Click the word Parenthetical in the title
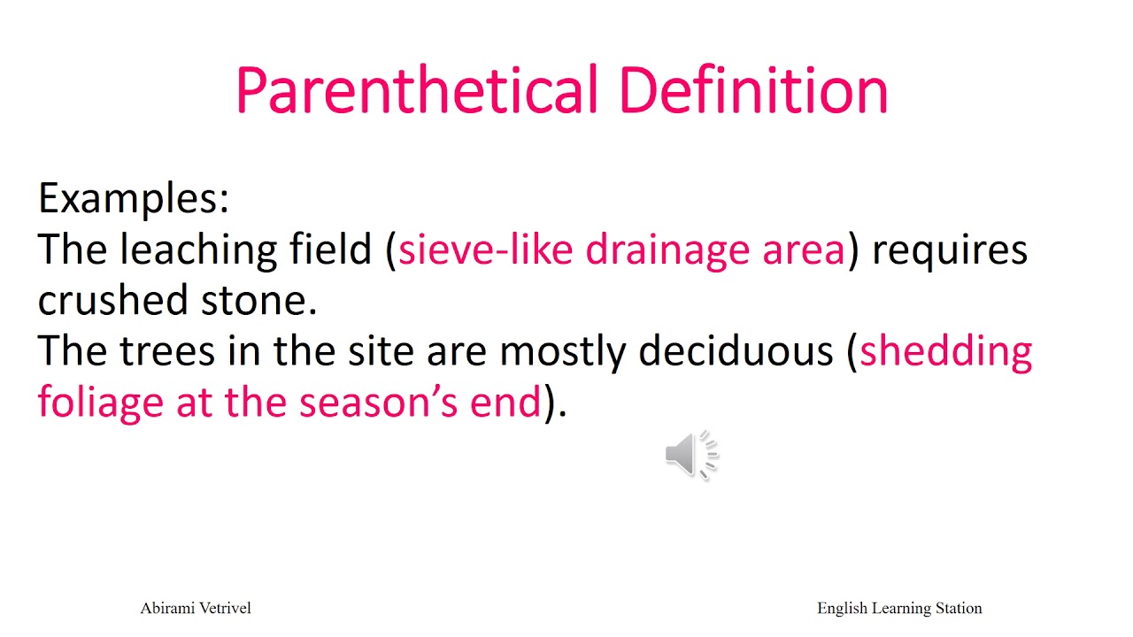[x=416, y=91]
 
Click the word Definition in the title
[x=752, y=91]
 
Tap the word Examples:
[x=134, y=199]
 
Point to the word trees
[x=166, y=352]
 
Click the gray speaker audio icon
[x=691, y=456]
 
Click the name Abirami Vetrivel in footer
[x=196, y=608]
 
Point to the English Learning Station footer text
[x=899, y=608]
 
